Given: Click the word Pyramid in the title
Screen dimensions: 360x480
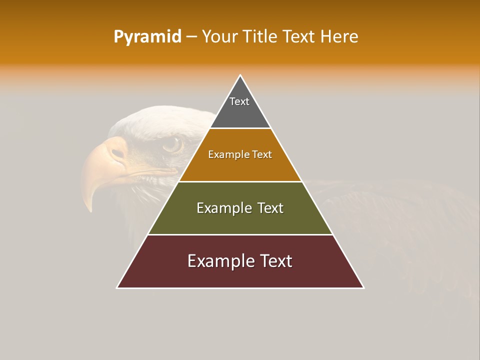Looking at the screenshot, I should click(x=147, y=37).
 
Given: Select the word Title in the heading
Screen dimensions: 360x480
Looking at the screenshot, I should click(x=260, y=37).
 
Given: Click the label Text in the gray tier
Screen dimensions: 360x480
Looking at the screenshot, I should click(x=239, y=101).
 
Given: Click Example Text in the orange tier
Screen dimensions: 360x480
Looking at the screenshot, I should click(x=240, y=154).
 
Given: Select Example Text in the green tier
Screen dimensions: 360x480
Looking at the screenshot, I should click(x=240, y=208).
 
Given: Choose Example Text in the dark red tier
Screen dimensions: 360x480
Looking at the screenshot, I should click(x=240, y=261).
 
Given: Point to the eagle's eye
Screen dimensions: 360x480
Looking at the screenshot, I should click(x=172, y=144).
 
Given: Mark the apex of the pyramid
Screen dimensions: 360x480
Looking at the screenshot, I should click(x=240, y=75).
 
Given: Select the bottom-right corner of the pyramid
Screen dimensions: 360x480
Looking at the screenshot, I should click(x=363, y=287).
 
